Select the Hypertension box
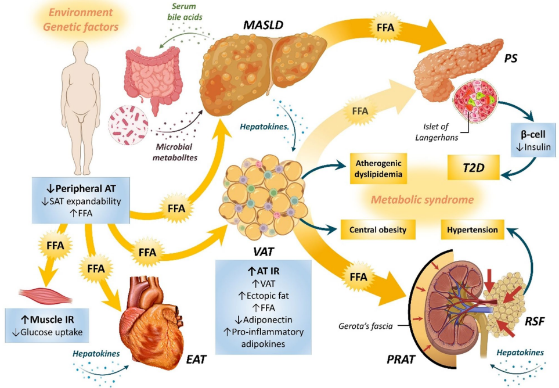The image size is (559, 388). click(x=472, y=230)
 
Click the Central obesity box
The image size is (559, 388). click(x=377, y=230)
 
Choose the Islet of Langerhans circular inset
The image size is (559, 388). click(x=478, y=102)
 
